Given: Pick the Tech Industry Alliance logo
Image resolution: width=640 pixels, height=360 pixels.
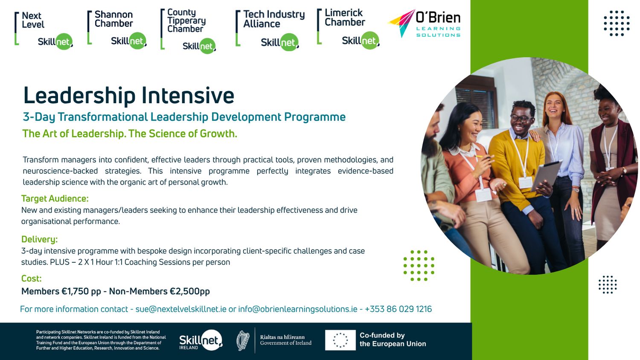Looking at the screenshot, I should [x=270, y=30].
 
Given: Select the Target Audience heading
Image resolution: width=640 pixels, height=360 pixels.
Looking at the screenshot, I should [x=55, y=199].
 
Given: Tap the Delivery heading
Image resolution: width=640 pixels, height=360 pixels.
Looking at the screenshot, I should [x=39, y=239].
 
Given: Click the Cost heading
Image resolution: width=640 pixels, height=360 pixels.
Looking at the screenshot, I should [x=32, y=279].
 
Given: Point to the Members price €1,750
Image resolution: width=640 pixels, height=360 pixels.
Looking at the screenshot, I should [x=81, y=291].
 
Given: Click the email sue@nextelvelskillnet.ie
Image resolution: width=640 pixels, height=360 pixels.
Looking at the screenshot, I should [x=181, y=309].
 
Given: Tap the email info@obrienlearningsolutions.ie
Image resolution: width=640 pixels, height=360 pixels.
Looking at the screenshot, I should [x=297, y=309].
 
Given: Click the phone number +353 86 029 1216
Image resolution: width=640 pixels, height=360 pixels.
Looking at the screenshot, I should [x=398, y=309].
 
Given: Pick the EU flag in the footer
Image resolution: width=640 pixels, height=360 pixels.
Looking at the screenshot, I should [x=340, y=340].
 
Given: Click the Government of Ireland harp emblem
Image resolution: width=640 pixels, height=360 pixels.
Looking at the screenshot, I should [x=243, y=340].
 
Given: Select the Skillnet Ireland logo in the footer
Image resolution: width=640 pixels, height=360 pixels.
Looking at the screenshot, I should [x=200, y=340].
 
